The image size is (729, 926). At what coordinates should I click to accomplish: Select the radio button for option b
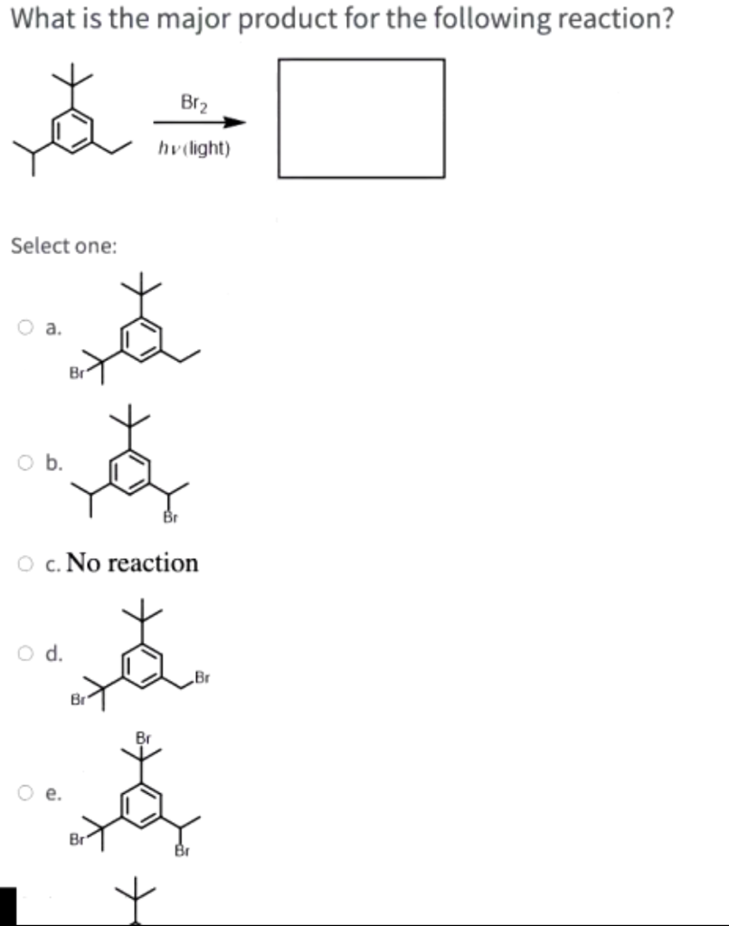25,465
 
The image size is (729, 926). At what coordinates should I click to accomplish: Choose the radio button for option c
25,564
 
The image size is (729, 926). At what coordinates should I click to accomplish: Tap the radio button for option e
25,795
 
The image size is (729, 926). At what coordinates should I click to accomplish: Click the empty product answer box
361,118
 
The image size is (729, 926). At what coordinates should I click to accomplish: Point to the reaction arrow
199,123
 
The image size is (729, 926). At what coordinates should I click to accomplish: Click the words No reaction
133,562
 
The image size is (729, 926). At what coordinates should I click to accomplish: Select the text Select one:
63,246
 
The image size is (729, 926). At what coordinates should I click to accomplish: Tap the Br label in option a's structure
78,372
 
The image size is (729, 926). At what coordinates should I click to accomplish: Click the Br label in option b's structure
169,517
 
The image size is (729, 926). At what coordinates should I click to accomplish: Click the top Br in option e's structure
143,737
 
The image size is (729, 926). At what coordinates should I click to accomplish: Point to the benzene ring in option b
128,471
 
